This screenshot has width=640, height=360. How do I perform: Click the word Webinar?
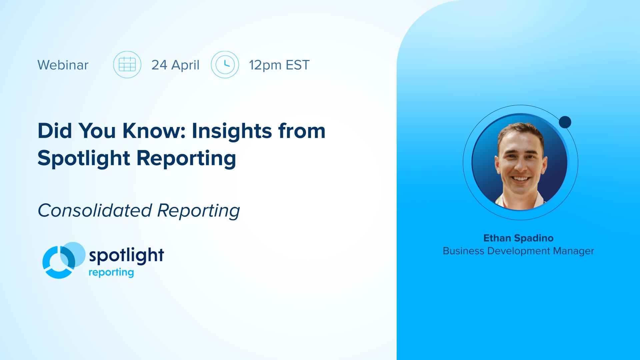coord(63,65)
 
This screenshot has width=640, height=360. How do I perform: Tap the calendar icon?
coord(127,64)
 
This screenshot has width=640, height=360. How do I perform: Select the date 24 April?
coord(175,65)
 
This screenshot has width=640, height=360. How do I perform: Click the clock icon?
coord(225,64)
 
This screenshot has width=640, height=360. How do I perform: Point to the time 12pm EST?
coord(279,65)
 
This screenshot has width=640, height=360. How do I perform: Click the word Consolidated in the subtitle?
coord(95,210)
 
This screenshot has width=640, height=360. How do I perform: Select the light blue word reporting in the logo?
coord(111,273)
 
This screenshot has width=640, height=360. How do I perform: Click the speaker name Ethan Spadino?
coord(518,238)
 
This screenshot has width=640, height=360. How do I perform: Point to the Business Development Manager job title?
coord(518,251)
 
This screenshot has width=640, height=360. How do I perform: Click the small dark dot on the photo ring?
coord(565,122)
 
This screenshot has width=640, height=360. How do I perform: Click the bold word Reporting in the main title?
coord(186,158)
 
